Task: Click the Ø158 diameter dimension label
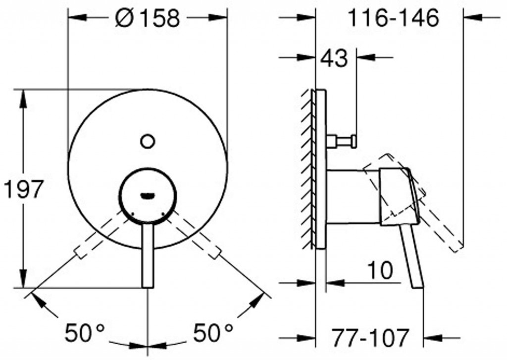point(147,18)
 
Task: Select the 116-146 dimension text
point(393,18)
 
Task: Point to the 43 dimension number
point(334,58)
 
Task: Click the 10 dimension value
point(380,270)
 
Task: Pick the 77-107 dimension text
point(370,338)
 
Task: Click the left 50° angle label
point(85,332)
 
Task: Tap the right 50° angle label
point(212,332)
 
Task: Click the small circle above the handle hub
point(147,141)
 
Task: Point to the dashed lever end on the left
point(79,254)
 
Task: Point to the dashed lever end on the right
point(216,254)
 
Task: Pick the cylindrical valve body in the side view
point(353,196)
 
